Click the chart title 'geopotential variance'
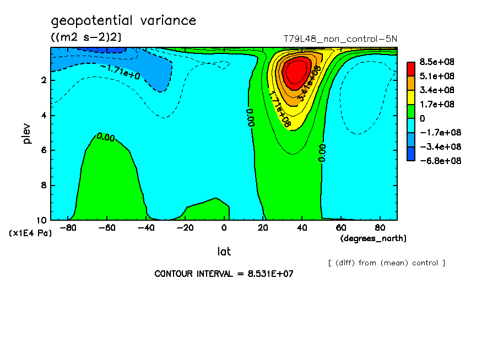[123, 21]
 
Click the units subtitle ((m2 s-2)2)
[86, 37]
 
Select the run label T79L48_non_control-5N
[340, 39]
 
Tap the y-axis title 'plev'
[28, 133]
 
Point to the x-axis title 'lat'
[224, 252]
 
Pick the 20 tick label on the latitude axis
[263, 227]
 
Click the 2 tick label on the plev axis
[43, 80]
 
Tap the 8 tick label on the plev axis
[43, 186]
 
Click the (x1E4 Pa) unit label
[31, 233]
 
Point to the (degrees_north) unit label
[373, 238]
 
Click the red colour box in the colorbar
[411, 68]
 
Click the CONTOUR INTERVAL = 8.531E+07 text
[224, 274]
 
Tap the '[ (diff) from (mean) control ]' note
[386, 263]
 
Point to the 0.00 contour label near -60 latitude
[106, 137]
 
